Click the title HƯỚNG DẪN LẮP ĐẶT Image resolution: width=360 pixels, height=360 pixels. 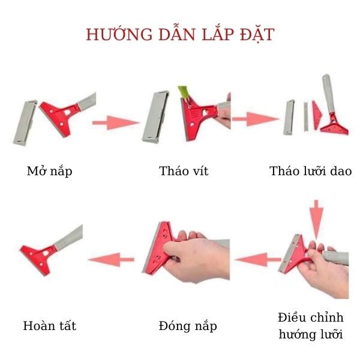pos(180,34)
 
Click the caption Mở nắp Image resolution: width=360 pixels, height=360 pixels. pos(50,172)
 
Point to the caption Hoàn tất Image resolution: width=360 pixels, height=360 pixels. pos(50,326)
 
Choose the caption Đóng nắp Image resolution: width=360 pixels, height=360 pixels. pos(188,326)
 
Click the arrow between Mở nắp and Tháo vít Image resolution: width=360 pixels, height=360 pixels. pos(115,123)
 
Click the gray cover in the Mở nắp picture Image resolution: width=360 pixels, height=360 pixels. pos(23,121)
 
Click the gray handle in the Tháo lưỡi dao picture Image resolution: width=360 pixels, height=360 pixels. pos(327,96)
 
